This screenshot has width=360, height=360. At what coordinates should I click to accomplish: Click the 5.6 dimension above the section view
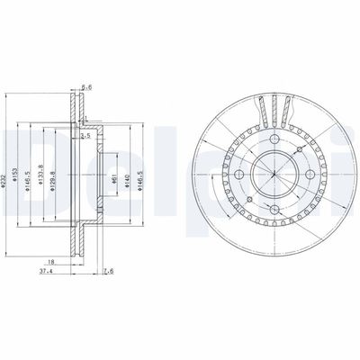(x=86, y=87)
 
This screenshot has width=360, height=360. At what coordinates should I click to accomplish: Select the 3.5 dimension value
(x=85, y=137)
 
